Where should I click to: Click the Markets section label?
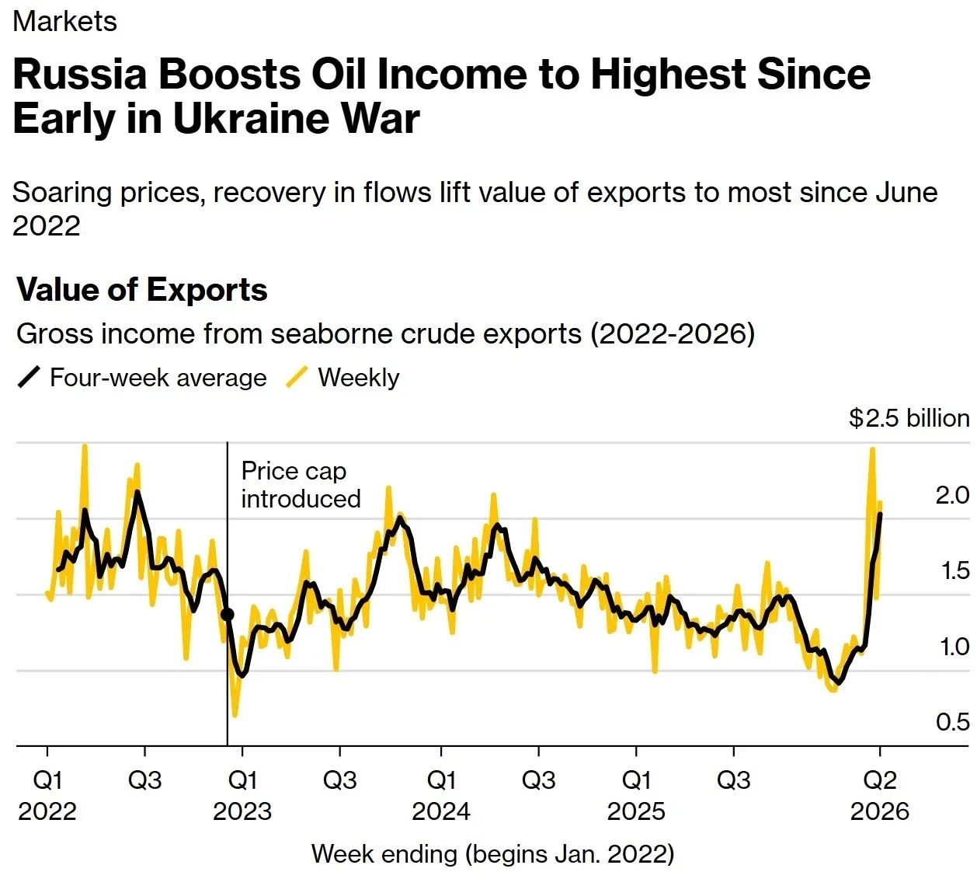(64, 21)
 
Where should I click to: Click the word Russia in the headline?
(80, 75)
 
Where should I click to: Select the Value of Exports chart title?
(142, 290)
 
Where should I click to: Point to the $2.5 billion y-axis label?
(909, 418)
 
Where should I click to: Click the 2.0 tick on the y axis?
(952, 495)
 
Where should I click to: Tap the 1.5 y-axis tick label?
(954, 570)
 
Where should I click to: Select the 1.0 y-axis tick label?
(954, 647)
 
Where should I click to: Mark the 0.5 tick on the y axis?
(952, 722)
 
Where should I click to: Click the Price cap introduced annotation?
(301, 484)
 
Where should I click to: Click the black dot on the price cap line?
(228, 615)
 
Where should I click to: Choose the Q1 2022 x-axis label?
(47, 795)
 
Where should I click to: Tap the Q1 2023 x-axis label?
(242, 795)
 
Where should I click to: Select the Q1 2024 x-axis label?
(441, 795)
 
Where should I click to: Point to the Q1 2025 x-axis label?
(636, 795)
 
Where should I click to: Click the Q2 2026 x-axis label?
(879, 795)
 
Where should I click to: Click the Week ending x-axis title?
(492, 854)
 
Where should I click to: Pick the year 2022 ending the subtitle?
(47, 225)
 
